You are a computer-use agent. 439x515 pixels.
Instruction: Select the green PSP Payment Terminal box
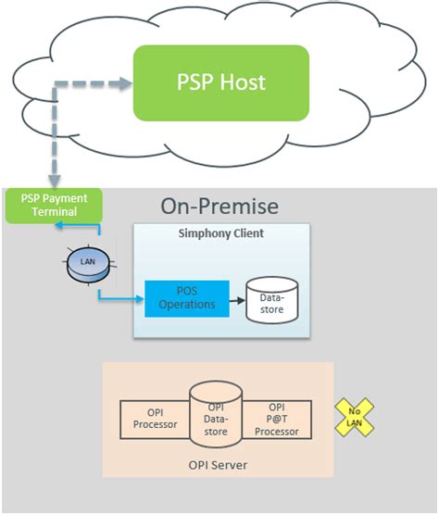pyautogui.click(x=53, y=205)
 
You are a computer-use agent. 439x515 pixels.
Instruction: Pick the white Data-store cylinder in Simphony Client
pyautogui.click(x=271, y=299)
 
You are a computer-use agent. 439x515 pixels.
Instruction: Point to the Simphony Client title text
pyautogui.click(x=220, y=233)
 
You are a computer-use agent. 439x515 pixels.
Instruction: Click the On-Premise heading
pyautogui.click(x=219, y=206)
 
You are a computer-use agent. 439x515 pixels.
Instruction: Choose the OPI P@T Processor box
pyautogui.click(x=276, y=419)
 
